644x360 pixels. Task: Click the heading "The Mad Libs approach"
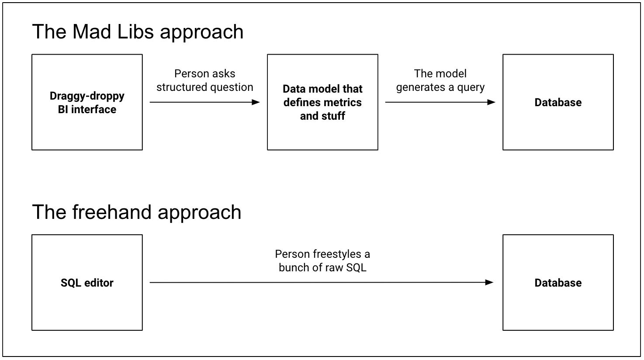[138, 32]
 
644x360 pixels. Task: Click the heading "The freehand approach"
[136, 212]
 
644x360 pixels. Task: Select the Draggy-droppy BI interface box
[87, 102]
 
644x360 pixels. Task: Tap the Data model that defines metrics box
[322, 102]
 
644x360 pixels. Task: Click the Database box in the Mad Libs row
[558, 102]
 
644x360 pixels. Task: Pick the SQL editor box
[87, 283]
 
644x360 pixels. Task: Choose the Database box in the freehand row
[558, 283]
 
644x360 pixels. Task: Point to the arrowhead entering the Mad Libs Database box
[492, 102]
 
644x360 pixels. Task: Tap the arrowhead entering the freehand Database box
[489, 283]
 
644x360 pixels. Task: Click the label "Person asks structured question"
[204, 80]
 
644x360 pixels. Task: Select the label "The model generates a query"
[440, 80]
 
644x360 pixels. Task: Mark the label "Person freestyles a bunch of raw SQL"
[322, 261]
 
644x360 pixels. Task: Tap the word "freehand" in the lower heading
[112, 212]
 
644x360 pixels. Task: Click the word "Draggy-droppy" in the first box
[87, 96]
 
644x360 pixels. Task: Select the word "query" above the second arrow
[471, 87]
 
